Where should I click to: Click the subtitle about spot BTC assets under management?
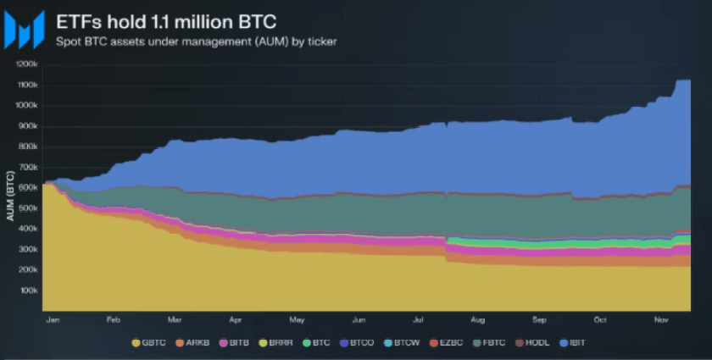(197, 41)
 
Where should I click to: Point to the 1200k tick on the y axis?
(26, 64)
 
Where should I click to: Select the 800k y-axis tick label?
(27, 147)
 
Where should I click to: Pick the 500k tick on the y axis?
(27, 208)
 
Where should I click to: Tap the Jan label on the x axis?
(51, 321)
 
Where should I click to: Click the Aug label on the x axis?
(479, 321)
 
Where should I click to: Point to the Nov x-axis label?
(662, 321)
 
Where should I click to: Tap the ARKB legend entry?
(192, 342)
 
